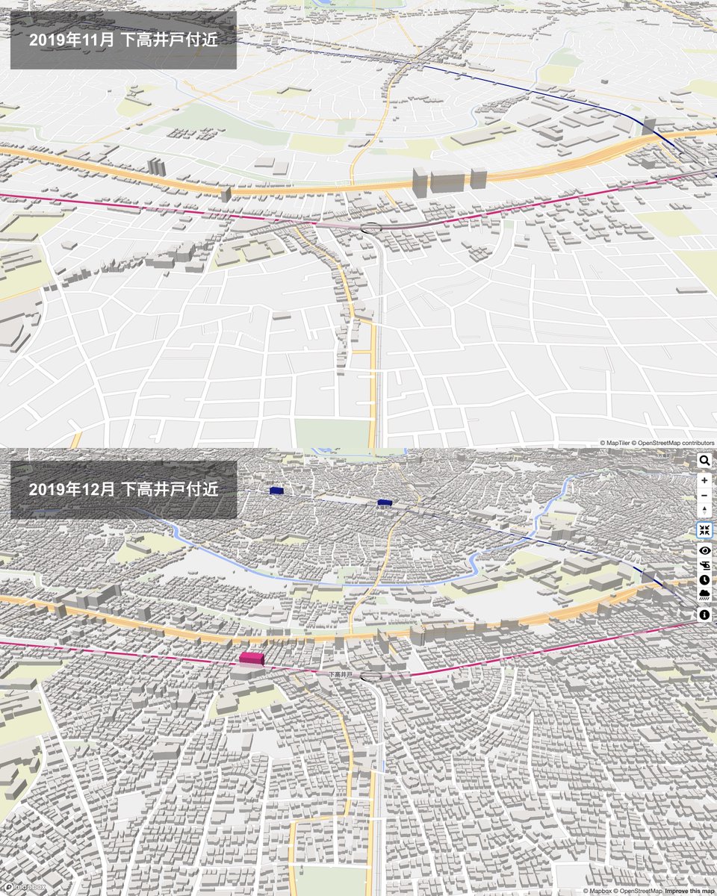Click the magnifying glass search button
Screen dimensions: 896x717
(704, 461)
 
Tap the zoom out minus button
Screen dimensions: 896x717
(704, 495)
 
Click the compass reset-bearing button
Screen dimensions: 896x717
(704, 510)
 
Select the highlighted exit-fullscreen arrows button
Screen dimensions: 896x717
(704, 530)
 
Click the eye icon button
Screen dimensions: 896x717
(704, 550)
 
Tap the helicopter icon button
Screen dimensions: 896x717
(704, 564)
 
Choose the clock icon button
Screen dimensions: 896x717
(704, 579)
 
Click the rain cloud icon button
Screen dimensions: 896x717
(704, 594)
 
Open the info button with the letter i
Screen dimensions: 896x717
(704, 615)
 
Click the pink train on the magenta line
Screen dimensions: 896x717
(252, 658)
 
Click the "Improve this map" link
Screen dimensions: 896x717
(689, 891)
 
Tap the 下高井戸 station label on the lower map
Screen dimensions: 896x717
(341, 674)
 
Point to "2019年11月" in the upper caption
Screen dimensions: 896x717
(72, 40)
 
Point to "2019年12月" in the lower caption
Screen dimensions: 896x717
(72, 490)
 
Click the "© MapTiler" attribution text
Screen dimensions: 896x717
(615, 443)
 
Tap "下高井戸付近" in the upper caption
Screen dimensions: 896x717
(170, 40)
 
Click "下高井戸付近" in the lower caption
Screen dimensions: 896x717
(170, 490)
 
